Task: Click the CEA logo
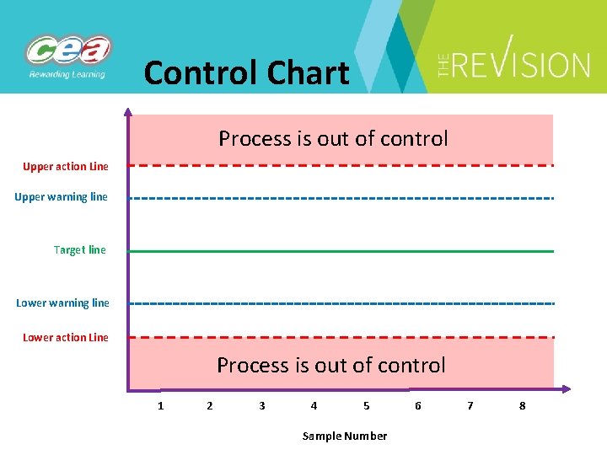68,56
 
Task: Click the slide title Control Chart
246,73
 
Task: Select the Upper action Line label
66,167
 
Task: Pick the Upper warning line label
62,197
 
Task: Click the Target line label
80,250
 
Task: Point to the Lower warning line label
62,303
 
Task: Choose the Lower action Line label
66,338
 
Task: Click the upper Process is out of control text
333,138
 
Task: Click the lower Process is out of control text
331,365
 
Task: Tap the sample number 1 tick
160,406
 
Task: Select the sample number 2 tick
210,406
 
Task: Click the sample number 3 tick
262,406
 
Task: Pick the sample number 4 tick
314,406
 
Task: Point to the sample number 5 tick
366,406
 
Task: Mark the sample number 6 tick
418,406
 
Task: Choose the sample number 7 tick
470,406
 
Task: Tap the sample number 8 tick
522,406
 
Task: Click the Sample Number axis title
345,436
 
